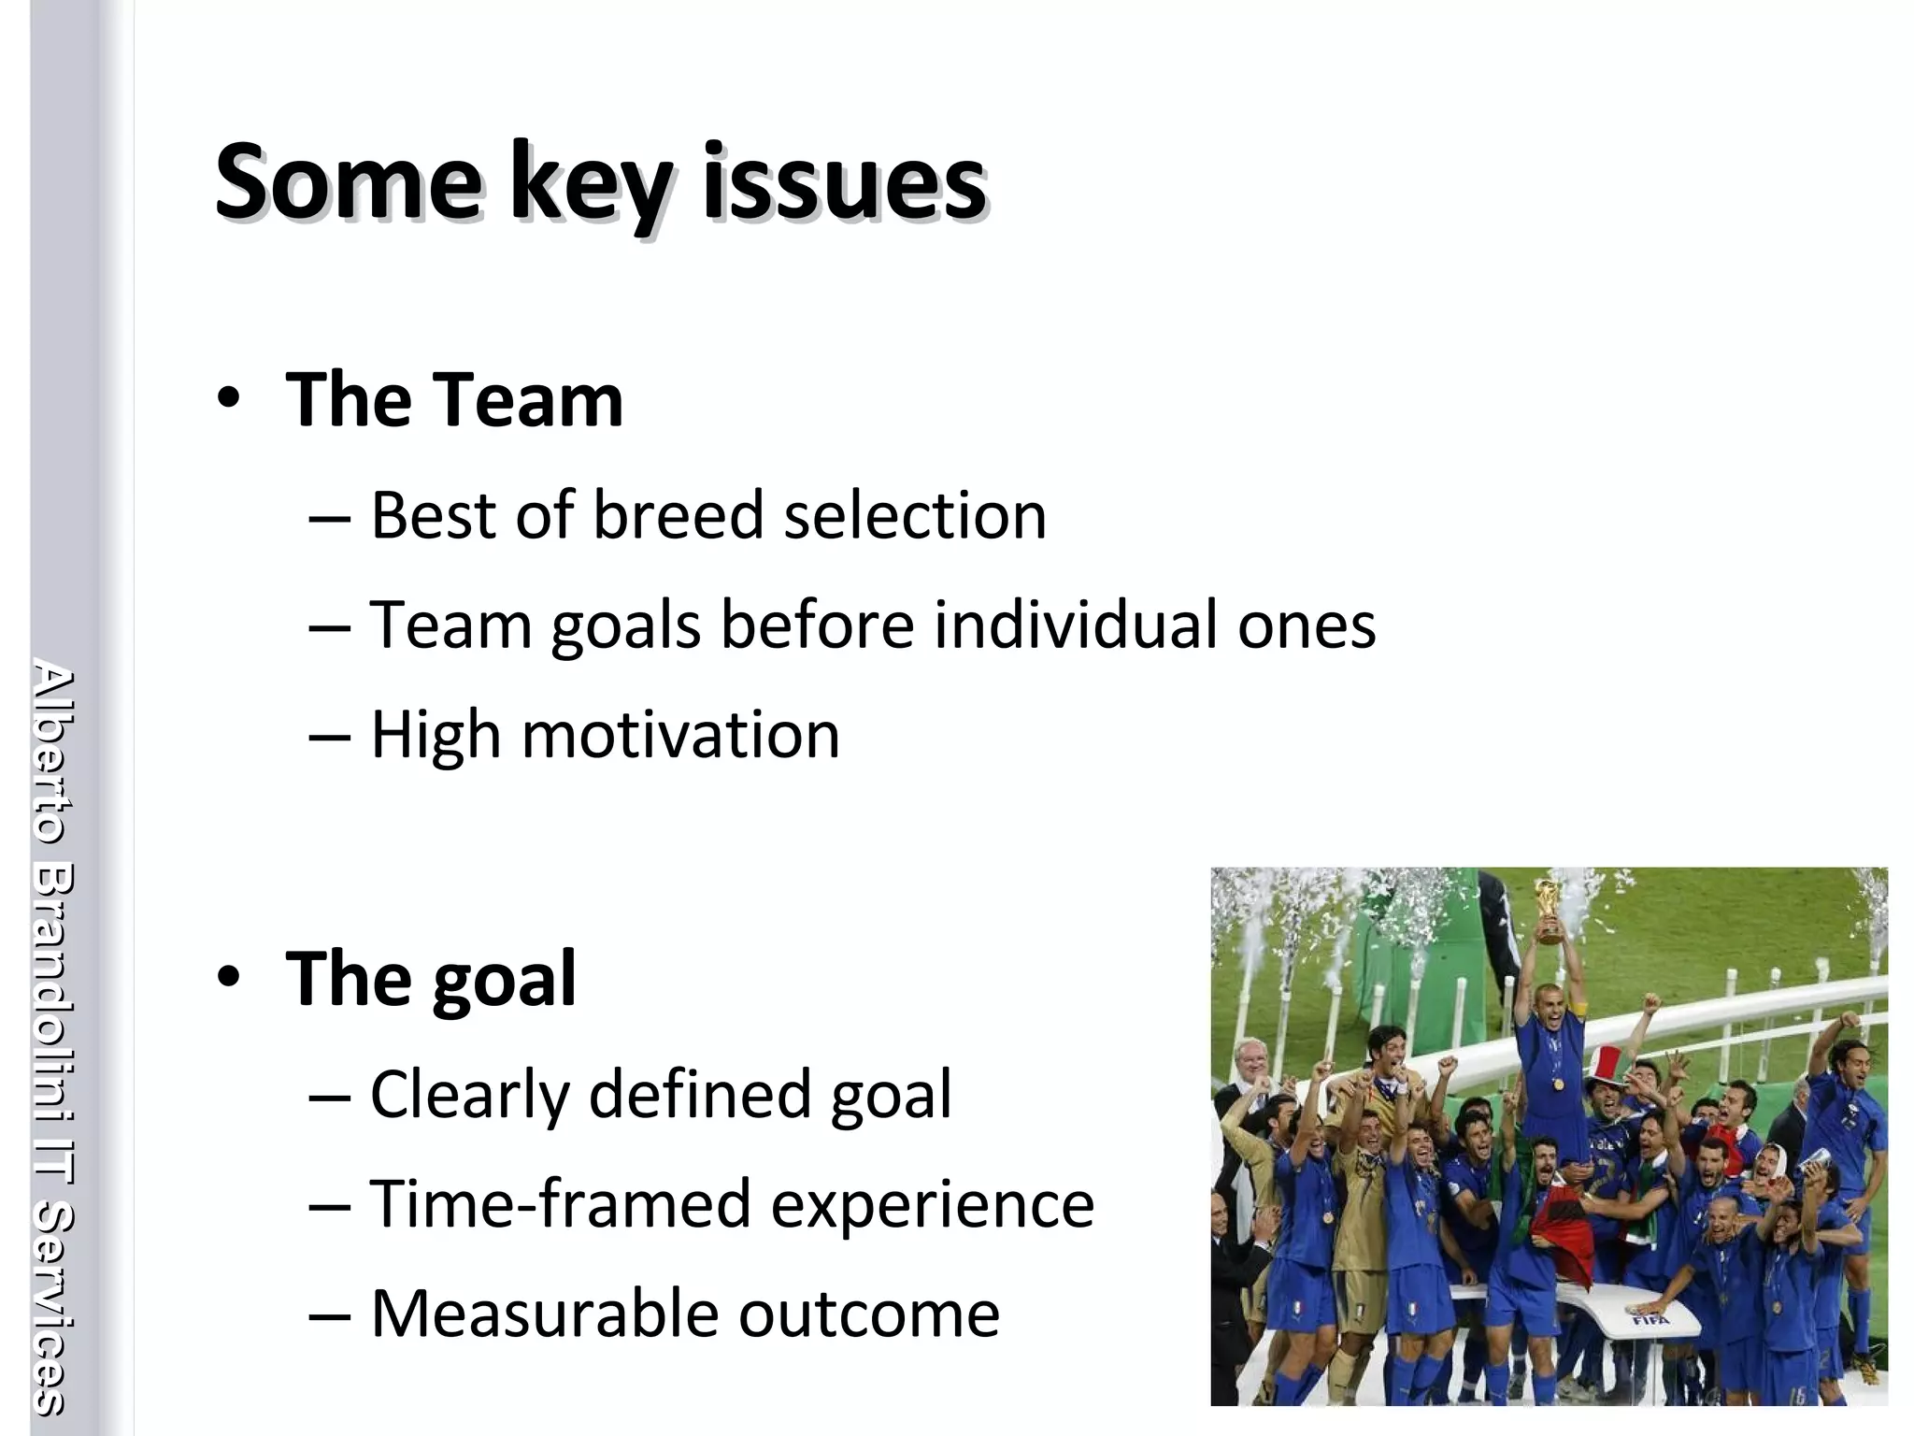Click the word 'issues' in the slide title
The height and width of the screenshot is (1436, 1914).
(843, 182)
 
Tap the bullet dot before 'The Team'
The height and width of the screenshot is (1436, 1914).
(229, 399)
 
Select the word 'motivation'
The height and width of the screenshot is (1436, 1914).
(680, 735)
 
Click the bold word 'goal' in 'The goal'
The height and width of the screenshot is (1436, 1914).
(505, 980)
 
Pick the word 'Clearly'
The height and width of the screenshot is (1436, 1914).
(469, 1095)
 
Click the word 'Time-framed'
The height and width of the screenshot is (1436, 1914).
(561, 1204)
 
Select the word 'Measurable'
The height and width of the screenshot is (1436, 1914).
(545, 1314)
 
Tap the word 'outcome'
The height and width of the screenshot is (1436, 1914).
(869, 1314)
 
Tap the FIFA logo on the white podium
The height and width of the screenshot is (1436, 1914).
(1650, 1320)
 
